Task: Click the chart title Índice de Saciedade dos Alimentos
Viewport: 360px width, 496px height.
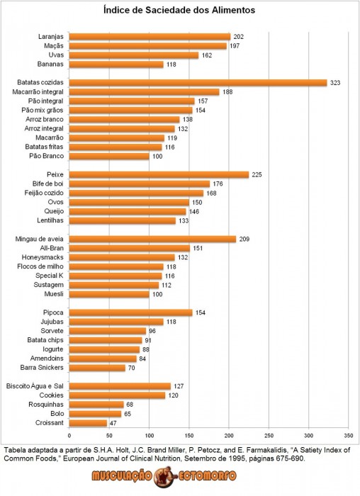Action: click(x=179, y=10)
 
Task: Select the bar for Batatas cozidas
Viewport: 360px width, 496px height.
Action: click(x=198, y=83)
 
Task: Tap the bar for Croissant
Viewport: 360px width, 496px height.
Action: click(x=88, y=423)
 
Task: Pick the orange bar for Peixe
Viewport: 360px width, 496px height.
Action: click(x=159, y=174)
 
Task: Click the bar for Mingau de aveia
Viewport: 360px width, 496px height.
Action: click(x=152, y=239)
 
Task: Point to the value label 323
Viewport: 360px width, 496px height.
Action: click(x=335, y=83)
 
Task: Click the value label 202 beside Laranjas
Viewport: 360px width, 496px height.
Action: click(x=239, y=37)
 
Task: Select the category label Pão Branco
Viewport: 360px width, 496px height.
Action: click(x=47, y=156)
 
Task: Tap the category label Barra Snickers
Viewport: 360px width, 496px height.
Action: click(x=42, y=368)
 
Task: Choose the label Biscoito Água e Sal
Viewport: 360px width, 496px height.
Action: click(x=35, y=386)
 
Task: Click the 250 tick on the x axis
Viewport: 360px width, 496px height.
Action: click(x=269, y=436)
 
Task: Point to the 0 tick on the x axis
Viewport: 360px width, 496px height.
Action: click(x=69, y=436)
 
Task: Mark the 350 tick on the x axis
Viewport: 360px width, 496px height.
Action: click(x=348, y=436)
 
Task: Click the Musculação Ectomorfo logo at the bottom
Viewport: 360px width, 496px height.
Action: click(x=164, y=476)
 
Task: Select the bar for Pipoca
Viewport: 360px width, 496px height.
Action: click(x=130, y=312)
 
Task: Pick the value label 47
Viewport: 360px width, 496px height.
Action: click(x=113, y=423)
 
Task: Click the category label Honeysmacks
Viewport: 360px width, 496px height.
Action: click(x=43, y=257)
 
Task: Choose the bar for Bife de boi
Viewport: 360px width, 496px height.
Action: click(x=140, y=184)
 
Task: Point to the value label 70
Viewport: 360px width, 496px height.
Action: click(x=131, y=368)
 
